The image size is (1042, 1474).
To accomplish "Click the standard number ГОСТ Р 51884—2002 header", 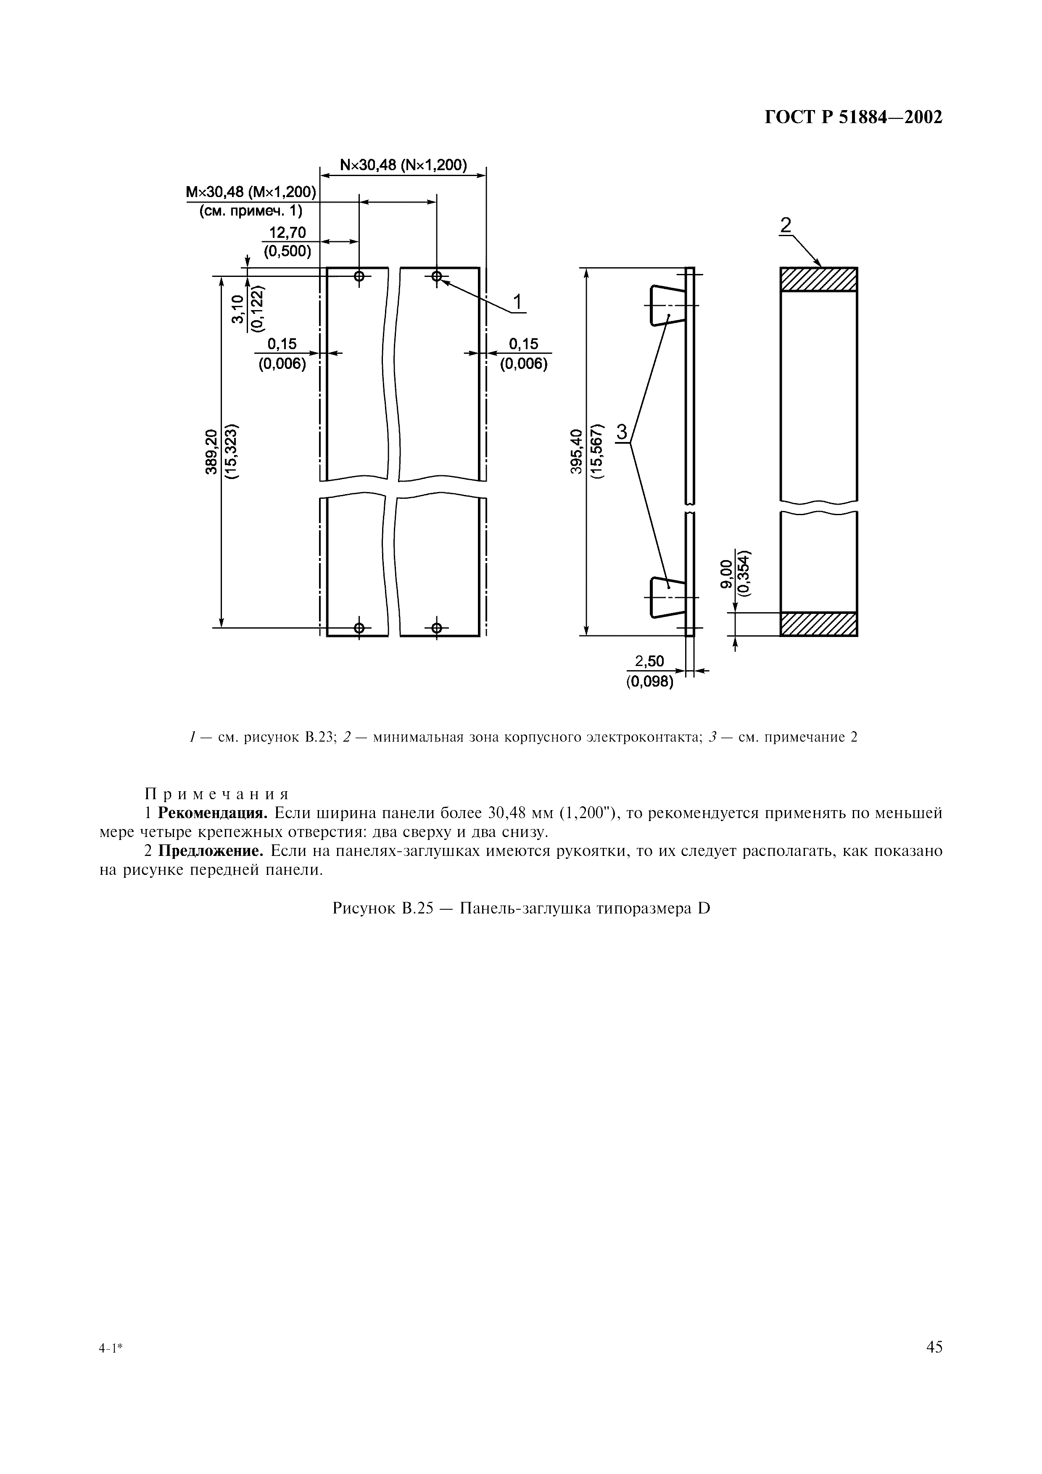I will (x=853, y=118).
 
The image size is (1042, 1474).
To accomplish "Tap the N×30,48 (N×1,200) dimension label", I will (x=403, y=166).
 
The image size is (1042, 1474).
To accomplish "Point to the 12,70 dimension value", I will (x=288, y=232).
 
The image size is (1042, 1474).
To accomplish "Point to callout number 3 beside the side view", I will (x=622, y=432).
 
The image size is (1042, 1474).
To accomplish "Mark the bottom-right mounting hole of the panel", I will (x=437, y=627).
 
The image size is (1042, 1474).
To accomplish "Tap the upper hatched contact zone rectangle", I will (x=818, y=279).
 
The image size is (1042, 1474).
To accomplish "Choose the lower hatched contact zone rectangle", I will (x=818, y=624).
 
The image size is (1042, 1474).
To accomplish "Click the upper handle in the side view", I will (x=666, y=305).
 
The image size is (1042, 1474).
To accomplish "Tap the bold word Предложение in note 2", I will (x=211, y=852).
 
